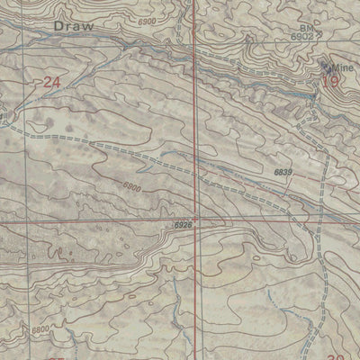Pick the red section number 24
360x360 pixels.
pos(51,82)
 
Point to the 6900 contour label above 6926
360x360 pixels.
pos(132,187)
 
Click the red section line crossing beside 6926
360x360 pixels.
pos(199,219)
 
